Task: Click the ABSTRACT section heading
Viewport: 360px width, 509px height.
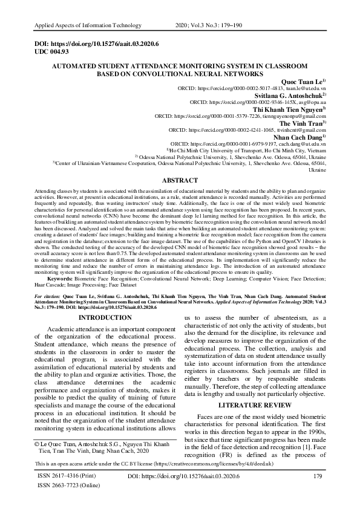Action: coord(180,180)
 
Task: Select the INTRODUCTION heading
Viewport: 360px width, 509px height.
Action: coord(106,317)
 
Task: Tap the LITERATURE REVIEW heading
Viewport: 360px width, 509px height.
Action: coord(252,403)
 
